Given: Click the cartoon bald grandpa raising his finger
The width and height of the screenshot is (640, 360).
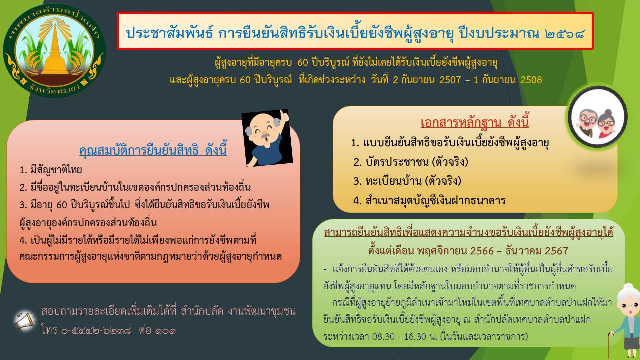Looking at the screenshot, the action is tap(267, 137).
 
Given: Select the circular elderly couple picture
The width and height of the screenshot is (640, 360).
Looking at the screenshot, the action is tap(597, 117).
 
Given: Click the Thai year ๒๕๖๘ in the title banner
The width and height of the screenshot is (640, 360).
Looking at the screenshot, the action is tap(564, 34).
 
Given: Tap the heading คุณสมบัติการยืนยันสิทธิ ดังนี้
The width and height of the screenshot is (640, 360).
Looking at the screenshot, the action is tap(153, 150).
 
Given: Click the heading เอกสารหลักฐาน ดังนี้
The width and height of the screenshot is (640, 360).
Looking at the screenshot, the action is tap(475, 122).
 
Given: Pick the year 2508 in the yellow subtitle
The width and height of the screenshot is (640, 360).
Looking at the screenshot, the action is tap(531, 80).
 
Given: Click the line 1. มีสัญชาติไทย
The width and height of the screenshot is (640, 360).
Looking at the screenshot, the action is tap(51, 170).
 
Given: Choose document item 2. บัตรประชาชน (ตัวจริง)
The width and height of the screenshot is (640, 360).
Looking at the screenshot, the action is tap(411, 162).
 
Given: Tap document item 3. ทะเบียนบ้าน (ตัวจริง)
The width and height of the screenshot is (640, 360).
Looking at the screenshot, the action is tap(407, 181).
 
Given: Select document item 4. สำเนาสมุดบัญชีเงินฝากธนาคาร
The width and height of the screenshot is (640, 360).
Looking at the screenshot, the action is tap(429, 200).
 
